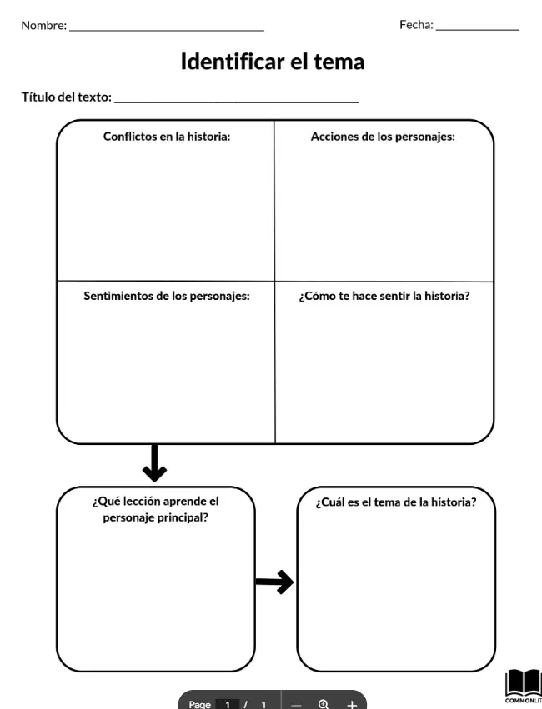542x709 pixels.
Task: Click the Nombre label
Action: pyautogui.click(x=44, y=25)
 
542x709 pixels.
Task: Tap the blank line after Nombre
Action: pyautogui.click(x=167, y=31)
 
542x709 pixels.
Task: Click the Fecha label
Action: pyautogui.click(x=416, y=25)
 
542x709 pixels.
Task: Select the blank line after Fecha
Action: pyautogui.click(x=477, y=30)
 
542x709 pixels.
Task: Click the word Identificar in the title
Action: pyautogui.click(x=232, y=62)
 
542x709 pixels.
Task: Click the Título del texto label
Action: pyautogui.click(x=67, y=97)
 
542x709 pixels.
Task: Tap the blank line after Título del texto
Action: pyautogui.click(x=237, y=102)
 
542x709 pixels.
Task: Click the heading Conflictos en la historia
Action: pyautogui.click(x=167, y=137)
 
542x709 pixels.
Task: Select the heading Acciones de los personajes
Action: pyautogui.click(x=383, y=137)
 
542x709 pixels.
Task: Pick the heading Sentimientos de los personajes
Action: pyautogui.click(x=167, y=296)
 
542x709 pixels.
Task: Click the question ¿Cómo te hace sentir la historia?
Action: pyautogui.click(x=384, y=296)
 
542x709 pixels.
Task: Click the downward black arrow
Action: pyautogui.click(x=155, y=463)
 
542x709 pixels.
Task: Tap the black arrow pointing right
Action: pyautogui.click(x=274, y=582)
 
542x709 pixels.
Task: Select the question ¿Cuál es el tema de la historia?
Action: pyautogui.click(x=396, y=502)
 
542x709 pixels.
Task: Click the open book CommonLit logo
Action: pyautogui.click(x=524, y=687)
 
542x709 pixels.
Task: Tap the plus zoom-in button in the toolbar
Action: pyautogui.click(x=352, y=703)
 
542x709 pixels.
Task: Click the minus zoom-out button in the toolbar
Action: pyautogui.click(x=296, y=705)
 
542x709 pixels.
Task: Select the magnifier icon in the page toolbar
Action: pyautogui.click(x=324, y=703)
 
